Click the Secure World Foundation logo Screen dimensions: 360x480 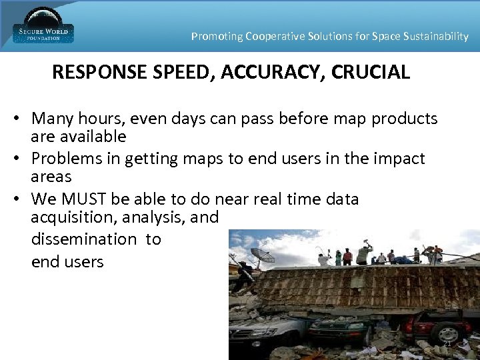click(43, 27)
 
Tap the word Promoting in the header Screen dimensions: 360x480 click(216, 37)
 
